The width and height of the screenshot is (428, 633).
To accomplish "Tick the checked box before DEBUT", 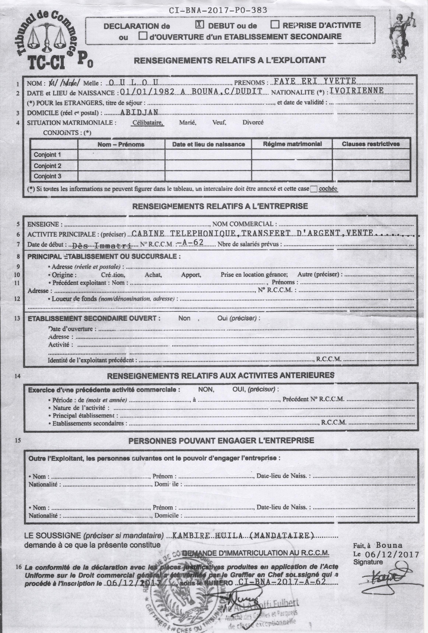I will [x=200, y=25].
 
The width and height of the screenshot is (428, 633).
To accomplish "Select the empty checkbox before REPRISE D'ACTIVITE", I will [x=275, y=25].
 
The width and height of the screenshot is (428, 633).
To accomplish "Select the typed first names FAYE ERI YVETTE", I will [x=315, y=81].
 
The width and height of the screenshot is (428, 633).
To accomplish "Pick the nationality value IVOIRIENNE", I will [x=357, y=91].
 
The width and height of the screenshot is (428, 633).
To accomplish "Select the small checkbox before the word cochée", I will [x=314, y=189].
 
